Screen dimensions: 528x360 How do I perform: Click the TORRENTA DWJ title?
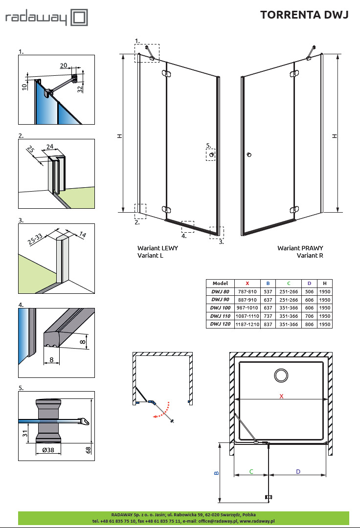[x=304, y=15]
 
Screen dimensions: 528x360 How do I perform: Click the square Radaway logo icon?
[x=79, y=18]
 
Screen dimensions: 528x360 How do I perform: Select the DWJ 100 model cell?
[x=220, y=308]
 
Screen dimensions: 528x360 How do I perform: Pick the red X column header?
[x=247, y=283]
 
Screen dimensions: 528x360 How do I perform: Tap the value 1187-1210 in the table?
[x=247, y=324]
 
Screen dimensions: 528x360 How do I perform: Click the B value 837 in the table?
[x=268, y=324]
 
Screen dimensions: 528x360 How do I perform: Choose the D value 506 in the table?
[x=309, y=291]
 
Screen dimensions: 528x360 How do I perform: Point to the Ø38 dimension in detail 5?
[x=48, y=450]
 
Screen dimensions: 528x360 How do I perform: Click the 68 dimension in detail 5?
[x=89, y=450]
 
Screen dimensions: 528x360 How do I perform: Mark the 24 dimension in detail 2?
[x=50, y=146]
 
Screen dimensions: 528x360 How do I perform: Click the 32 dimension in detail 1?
[x=80, y=88]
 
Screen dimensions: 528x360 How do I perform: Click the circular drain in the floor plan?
[x=281, y=375]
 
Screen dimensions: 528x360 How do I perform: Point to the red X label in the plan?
[x=281, y=396]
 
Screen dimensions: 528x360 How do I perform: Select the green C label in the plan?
[x=251, y=471]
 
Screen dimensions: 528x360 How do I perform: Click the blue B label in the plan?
[x=216, y=473]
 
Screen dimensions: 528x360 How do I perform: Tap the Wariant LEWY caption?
[x=158, y=248]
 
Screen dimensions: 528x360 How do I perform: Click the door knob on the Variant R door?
[x=249, y=155]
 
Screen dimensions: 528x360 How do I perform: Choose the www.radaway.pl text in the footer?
[x=257, y=521]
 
